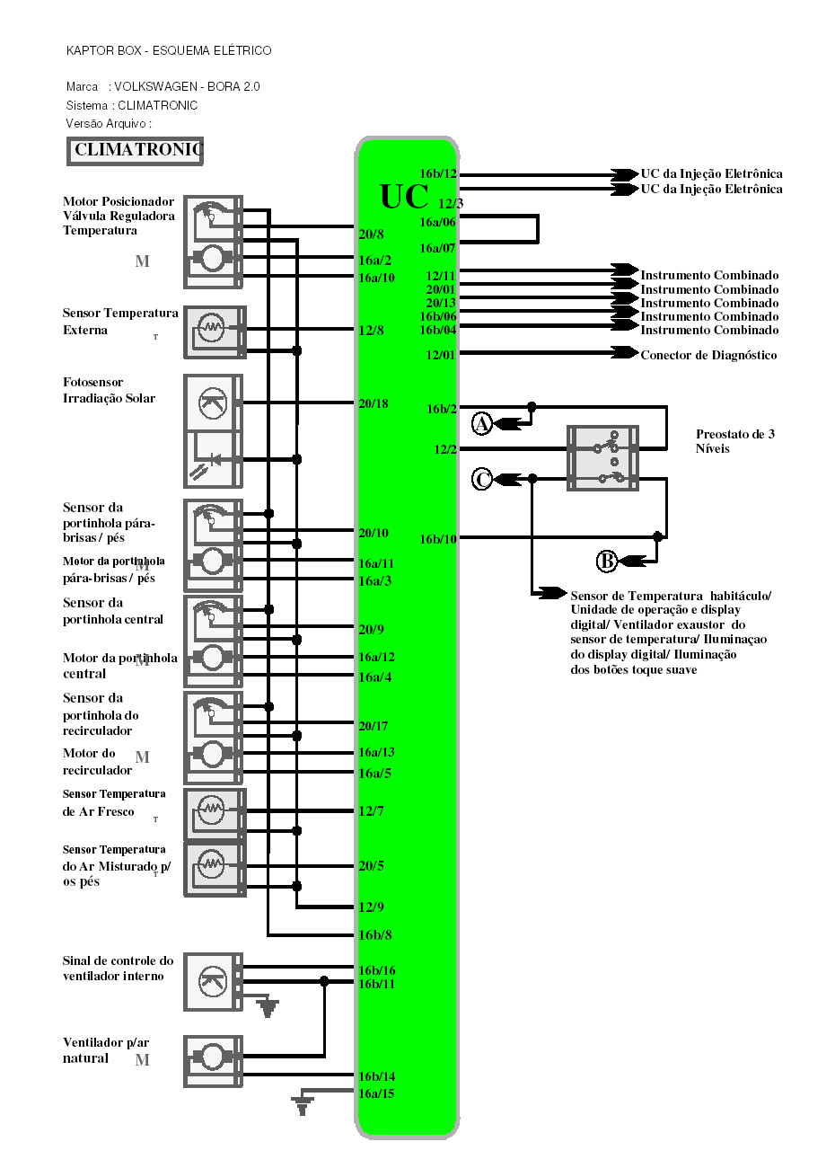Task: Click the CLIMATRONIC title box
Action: pos(136,151)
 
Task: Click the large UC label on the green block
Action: pos(404,197)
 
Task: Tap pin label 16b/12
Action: pos(438,173)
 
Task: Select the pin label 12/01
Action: pos(441,355)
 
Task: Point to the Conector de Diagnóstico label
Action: pos(708,355)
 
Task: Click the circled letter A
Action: pos(482,423)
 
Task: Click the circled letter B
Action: pos(607,562)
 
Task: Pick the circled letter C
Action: pos(482,480)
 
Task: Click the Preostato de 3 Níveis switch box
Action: pos(603,458)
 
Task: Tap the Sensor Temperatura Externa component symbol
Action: pos(214,332)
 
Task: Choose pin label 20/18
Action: pos(374,403)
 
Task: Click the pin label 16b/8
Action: pos(375,935)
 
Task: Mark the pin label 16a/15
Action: pos(376,1093)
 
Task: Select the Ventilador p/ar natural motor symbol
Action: pos(214,1060)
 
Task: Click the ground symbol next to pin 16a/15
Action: pos(302,1103)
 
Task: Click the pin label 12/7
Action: pos(372,811)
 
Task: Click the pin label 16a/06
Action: pos(438,222)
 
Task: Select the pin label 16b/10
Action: pos(438,539)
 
